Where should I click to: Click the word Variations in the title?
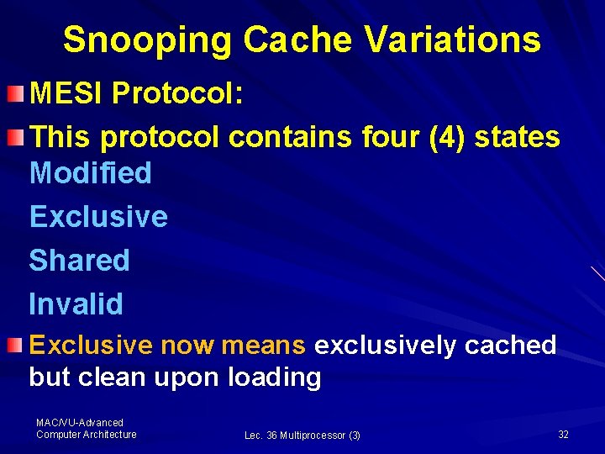[x=455, y=40]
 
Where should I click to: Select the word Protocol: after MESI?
[x=177, y=93]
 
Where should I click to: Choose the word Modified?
[x=90, y=173]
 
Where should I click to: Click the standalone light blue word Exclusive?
[x=98, y=217]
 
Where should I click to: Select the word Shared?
[x=79, y=261]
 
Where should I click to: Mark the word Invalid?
[x=76, y=304]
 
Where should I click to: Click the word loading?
[x=274, y=377]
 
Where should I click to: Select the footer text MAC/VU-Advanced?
[x=79, y=422]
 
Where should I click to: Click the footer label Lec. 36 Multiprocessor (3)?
[x=302, y=436]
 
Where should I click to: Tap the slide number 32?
[x=563, y=434]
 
